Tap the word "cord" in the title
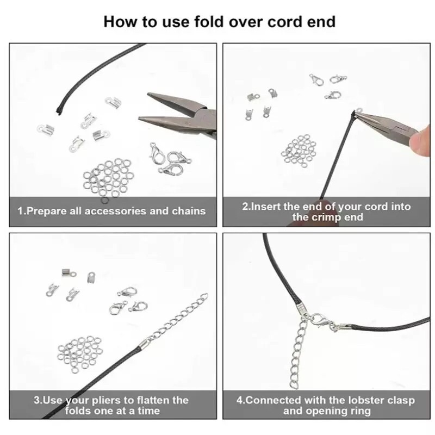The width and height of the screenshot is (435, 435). pyautogui.click(x=285, y=22)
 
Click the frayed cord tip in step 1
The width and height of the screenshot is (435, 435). pyautogui.click(x=59, y=110)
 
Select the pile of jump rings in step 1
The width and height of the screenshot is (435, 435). pyautogui.click(x=108, y=178)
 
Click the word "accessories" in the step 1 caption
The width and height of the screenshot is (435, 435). pyautogui.click(x=115, y=211)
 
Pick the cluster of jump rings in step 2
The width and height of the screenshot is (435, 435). pyautogui.click(x=299, y=151)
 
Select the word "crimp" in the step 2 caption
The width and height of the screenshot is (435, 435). pyautogui.click(x=328, y=216)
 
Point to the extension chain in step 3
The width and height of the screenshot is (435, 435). pyautogui.click(x=178, y=317)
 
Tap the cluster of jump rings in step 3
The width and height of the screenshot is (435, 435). pyautogui.click(x=80, y=354)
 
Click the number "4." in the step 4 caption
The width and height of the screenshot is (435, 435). pyautogui.click(x=241, y=400)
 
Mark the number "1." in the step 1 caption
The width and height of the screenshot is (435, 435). pyautogui.click(x=22, y=211)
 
